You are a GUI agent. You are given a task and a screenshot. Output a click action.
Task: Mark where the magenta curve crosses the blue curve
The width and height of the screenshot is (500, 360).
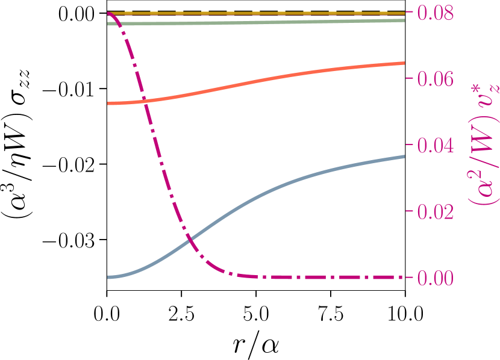coord(190,241)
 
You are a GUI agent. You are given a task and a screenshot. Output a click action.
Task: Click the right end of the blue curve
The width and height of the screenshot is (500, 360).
coord(404,157)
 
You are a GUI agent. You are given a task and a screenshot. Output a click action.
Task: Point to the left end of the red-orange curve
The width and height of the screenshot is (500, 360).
coord(108,104)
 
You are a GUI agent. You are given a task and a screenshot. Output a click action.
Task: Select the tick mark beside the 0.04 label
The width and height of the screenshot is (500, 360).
coord(410,145)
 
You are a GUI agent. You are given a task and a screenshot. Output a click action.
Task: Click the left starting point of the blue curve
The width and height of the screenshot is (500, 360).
coord(109,277)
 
